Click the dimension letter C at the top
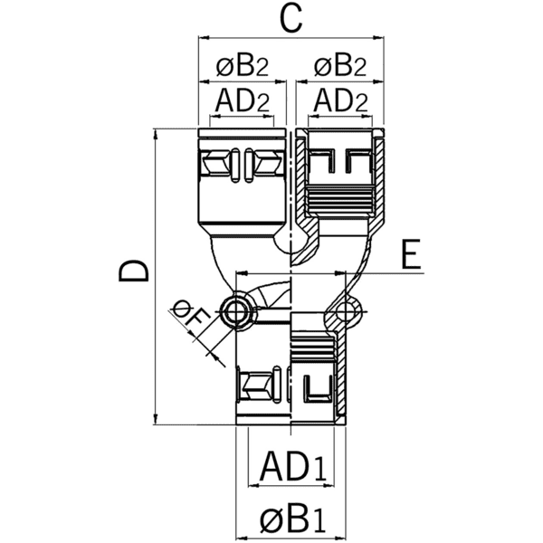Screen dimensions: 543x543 point(290,18)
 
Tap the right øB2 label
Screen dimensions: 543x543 point(339,66)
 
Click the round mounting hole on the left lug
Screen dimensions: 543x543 point(237,313)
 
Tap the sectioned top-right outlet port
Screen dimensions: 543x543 point(339,176)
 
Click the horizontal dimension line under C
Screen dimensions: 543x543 point(290,38)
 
